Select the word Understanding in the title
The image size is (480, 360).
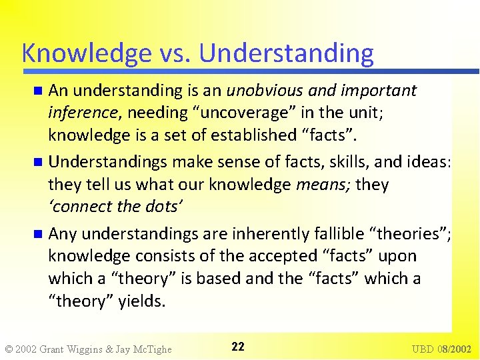287,53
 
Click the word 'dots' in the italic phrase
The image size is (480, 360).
159,207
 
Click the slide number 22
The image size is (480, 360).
238,347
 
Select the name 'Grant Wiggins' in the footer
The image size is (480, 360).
73,349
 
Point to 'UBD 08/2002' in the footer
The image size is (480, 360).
441,349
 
